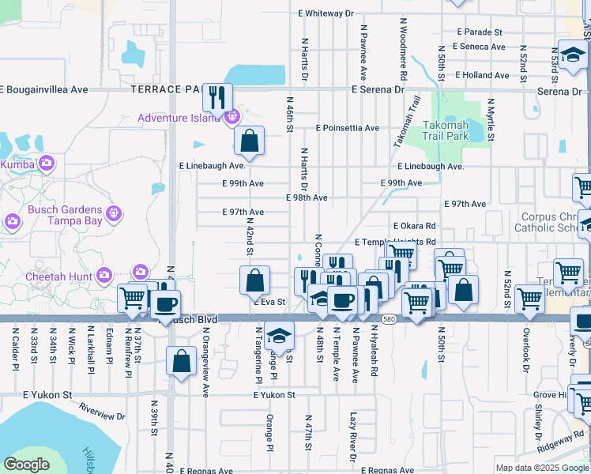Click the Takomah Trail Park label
click(446, 130)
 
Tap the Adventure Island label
click(178, 118)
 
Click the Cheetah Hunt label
click(69, 275)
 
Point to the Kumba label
click(15, 164)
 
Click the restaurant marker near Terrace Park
click(217, 98)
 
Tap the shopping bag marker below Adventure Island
click(249, 142)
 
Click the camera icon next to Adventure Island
click(232, 118)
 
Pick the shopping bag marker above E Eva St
click(255, 281)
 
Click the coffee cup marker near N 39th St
click(165, 305)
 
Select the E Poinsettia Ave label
click(347, 128)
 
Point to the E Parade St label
click(480, 32)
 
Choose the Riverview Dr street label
click(102, 411)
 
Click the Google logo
click(27, 465)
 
